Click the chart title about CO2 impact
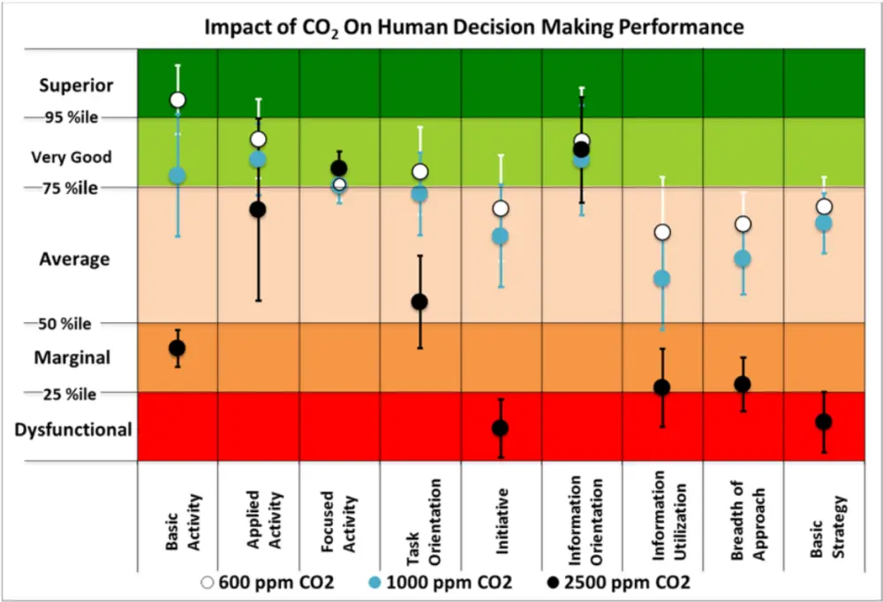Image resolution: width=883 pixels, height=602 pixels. [474, 26]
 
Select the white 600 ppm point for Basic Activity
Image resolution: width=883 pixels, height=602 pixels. [177, 100]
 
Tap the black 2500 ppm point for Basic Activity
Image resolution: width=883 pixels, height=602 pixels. [177, 348]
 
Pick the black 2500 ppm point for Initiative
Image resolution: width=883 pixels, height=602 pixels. [500, 428]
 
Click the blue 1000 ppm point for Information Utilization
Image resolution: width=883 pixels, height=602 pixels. [661, 279]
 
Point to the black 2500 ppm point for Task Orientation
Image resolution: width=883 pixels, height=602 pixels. [419, 302]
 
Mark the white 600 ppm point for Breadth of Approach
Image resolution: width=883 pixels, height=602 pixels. [743, 224]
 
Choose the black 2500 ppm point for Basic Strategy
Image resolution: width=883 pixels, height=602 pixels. [824, 422]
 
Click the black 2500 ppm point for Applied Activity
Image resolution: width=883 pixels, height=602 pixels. [258, 209]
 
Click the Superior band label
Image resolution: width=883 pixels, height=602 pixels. [76, 86]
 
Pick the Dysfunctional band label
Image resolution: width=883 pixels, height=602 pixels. [73, 430]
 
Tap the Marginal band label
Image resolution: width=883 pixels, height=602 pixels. [72, 358]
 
